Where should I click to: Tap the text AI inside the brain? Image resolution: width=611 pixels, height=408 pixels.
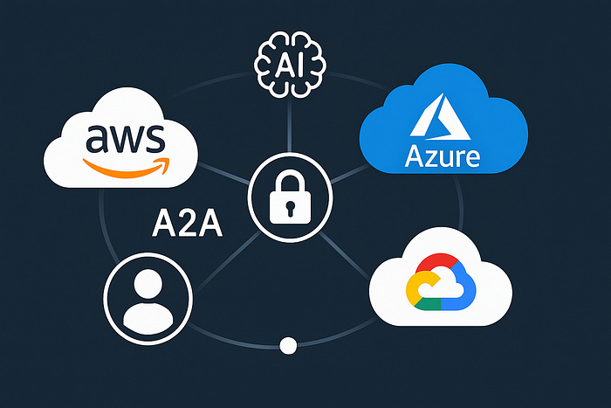click(x=289, y=64)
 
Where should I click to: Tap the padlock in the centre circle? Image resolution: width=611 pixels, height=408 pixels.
click(x=289, y=202)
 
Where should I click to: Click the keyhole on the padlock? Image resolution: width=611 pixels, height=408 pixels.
click(x=289, y=210)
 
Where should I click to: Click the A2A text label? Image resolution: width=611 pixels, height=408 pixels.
click(x=187, y=224)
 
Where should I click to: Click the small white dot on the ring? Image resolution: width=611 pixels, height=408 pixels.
click(x=289, y=347)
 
